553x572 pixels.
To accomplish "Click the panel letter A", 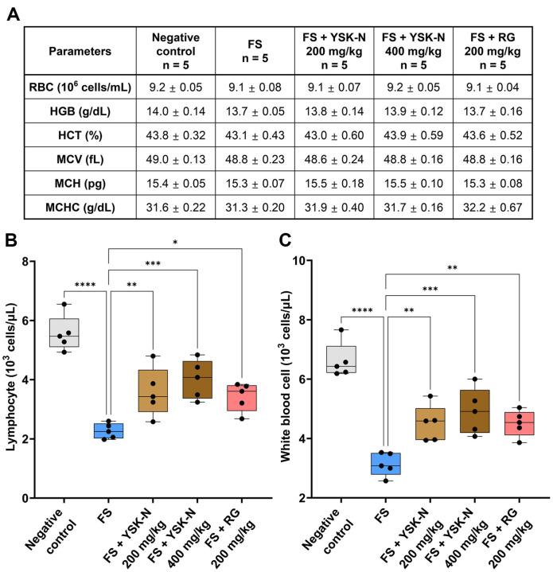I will (13, 13).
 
